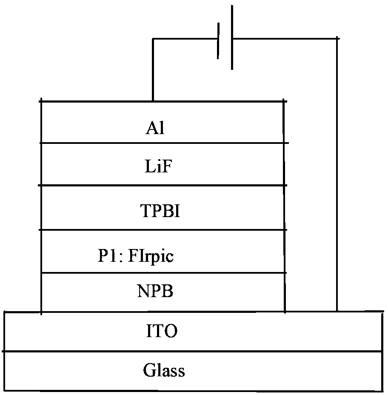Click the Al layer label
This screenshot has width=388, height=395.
tap(155, 128)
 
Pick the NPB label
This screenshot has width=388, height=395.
tap(155, 292)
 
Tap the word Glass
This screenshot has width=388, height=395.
tap(164, 370)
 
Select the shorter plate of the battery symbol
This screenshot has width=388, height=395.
tap(218, 41)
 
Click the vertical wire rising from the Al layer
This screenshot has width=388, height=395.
tap(152, 70)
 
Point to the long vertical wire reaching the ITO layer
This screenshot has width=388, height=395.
tap(337, 175)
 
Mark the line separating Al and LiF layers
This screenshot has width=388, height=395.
tap(164, 143)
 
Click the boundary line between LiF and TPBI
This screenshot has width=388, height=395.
tap(164, 186)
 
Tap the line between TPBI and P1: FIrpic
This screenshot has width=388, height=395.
tap(164, 230)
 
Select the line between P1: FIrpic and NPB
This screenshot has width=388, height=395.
tap(164, 273)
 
